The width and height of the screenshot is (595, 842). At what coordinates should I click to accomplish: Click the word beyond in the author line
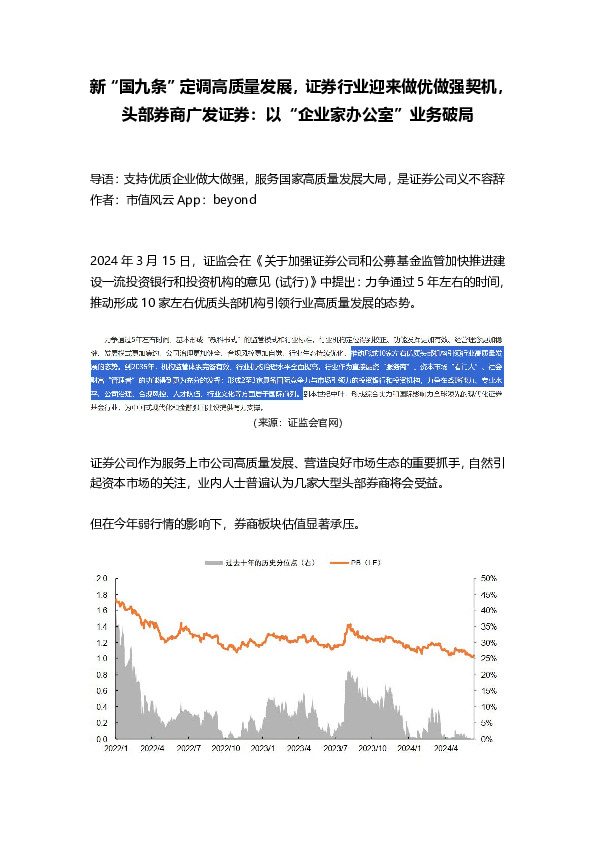click(x=236, y=200)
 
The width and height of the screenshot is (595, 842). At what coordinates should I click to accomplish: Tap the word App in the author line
click(x=192, y=200)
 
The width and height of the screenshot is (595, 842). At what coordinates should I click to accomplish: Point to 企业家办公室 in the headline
click(x=351, y=116)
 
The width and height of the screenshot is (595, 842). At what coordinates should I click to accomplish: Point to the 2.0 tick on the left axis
click(x=101, y=578)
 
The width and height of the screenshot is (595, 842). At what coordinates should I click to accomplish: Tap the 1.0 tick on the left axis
click(x=101, y=659)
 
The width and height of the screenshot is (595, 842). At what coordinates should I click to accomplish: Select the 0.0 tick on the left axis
click(x=101, y=740)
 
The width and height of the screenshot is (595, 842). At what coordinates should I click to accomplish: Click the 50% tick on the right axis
click(x=489, y=578)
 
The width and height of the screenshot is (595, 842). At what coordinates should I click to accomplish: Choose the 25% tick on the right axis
click(x=489, y=659)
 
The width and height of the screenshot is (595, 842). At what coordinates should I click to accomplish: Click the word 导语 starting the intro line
click(x=102, y=180)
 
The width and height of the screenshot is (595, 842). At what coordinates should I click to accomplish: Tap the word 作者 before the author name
click(x=102, y=200)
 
